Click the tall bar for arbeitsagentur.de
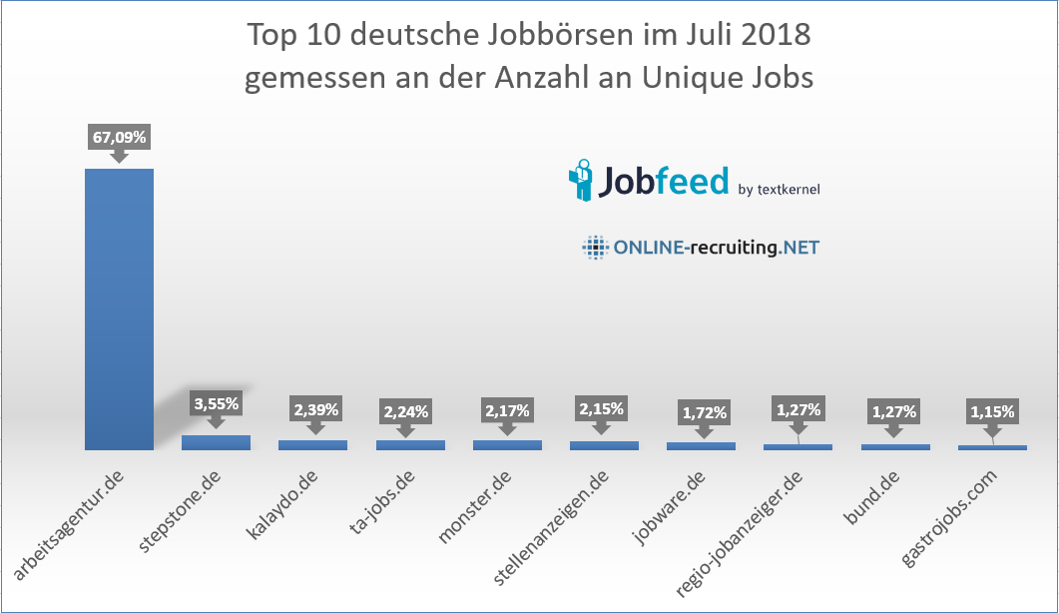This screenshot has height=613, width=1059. pos(119,309)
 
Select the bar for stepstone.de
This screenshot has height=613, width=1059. pos(216,442)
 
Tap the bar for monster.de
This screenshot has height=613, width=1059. pos(507,444)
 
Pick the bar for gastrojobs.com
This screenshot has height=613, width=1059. pos(992,447)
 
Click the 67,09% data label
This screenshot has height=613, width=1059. pos(119,138)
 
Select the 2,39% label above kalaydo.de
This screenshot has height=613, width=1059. pos(313,409)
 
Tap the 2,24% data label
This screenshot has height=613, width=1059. pos(410,409)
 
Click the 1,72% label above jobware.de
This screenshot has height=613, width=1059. pos(702,411)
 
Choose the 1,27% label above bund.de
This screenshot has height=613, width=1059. pos(895,411)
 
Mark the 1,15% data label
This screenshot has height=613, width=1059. pos(992,411)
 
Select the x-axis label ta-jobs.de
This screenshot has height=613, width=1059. pos(378,504)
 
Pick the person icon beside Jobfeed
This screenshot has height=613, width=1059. pos(580,180)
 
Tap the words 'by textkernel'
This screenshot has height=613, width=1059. pos(779,188)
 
